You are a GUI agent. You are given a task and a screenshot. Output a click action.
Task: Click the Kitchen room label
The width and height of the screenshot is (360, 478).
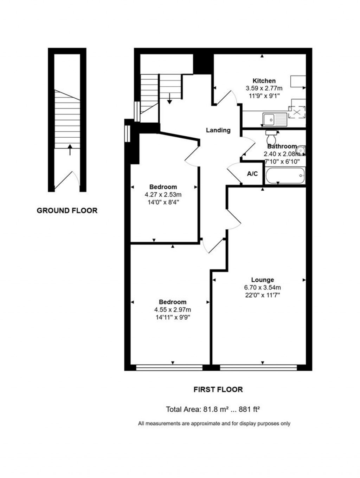[264, 81]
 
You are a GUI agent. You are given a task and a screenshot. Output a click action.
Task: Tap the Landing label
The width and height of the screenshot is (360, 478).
[218, 130]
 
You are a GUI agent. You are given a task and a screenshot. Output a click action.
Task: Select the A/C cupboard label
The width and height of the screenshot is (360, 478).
[252, 174]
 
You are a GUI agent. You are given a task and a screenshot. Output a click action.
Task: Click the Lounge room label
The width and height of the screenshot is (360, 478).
[262, 280]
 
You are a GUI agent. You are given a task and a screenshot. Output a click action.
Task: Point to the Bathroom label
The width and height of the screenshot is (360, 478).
[282, 146]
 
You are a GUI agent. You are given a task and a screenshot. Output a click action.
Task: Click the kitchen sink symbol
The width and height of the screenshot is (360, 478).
[275, 120]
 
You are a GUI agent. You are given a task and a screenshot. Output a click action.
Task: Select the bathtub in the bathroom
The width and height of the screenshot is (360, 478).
[285, 175]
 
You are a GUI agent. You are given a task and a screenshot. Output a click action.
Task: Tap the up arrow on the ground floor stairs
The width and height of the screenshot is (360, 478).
[70, 150]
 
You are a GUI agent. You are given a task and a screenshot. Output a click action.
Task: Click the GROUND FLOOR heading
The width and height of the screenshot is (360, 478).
[67, 211]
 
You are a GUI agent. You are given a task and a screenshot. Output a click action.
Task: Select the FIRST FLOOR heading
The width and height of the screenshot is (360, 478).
[218, 389]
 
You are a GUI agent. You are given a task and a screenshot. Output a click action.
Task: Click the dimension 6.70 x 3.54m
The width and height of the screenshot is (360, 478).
[262, 288]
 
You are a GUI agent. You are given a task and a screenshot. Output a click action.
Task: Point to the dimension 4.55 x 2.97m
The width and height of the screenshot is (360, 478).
[172, 310]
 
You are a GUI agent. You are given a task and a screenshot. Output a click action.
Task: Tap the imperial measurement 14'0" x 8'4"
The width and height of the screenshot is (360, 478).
[163, 202]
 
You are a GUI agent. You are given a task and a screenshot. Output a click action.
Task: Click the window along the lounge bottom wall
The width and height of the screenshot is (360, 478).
[258, 368]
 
